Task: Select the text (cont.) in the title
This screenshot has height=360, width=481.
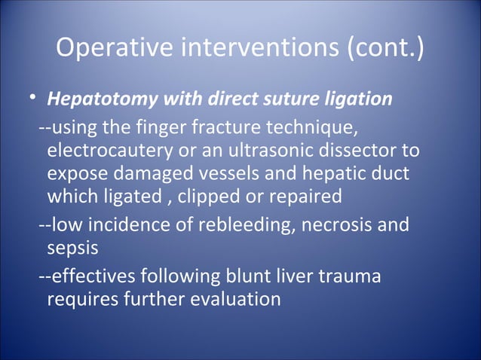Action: tap(384, 50)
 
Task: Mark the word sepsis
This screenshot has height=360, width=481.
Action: tap(68, 249)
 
